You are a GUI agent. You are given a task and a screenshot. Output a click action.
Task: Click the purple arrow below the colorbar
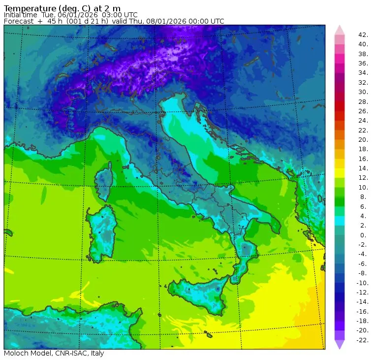tap(340, 344)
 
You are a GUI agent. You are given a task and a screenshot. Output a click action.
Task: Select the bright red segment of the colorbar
tap(340, 106)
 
